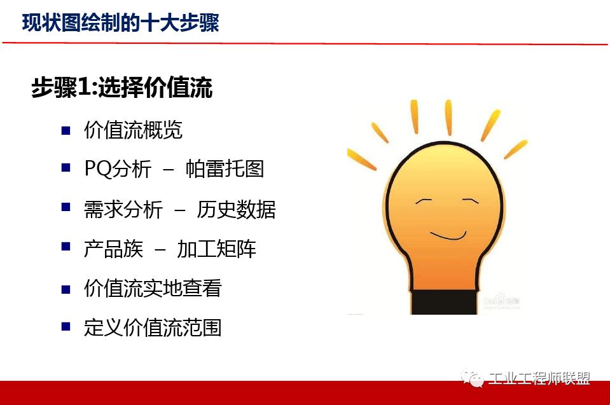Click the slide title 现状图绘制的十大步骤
[x=120, y=23]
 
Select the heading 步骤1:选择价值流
[x=121, y=88]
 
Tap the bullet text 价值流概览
[x=133, y=130]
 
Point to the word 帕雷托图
[x=225, y=169]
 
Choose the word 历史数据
[x=236, y=209]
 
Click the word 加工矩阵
[x=216, y=249]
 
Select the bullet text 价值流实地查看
[x=153, y=289]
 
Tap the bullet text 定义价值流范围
[x=153, y=328]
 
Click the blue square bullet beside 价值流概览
[x=66, y=130]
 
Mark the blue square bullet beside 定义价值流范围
[x=66, y=327]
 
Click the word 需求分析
[x=123, y=209]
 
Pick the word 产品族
[x=113, y=249]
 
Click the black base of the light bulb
[x=444, y=301]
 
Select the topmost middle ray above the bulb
[x=448, y=116]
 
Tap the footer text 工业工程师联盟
[x=539, y=379]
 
